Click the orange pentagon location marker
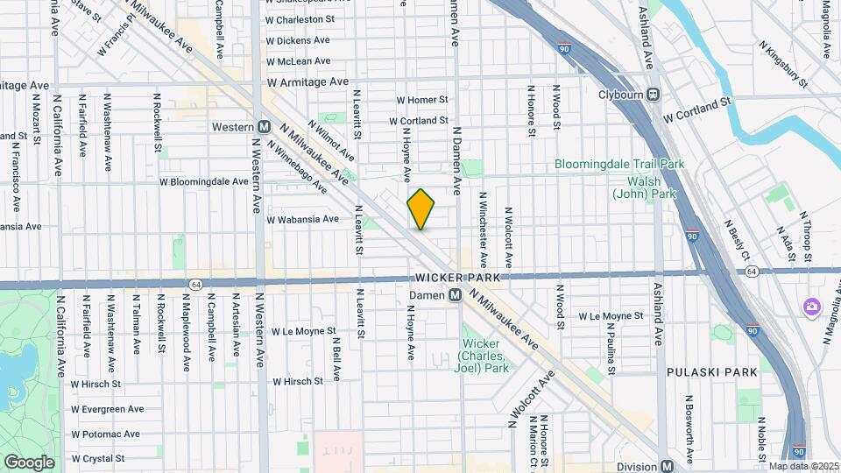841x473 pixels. (421, 209)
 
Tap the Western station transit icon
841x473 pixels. (264, 127)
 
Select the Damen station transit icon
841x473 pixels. (456, 296)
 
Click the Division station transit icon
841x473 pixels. (668, 467)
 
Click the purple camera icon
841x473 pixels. (812, 306)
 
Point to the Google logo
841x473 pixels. (29, 462)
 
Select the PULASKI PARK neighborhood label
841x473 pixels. (711, 372)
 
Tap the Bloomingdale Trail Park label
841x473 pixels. (619, 164)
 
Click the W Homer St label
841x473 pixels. (421, 101)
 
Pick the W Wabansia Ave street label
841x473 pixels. (302, 219)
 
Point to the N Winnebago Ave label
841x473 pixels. (297, 169)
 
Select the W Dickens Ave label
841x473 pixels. (298, 40)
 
